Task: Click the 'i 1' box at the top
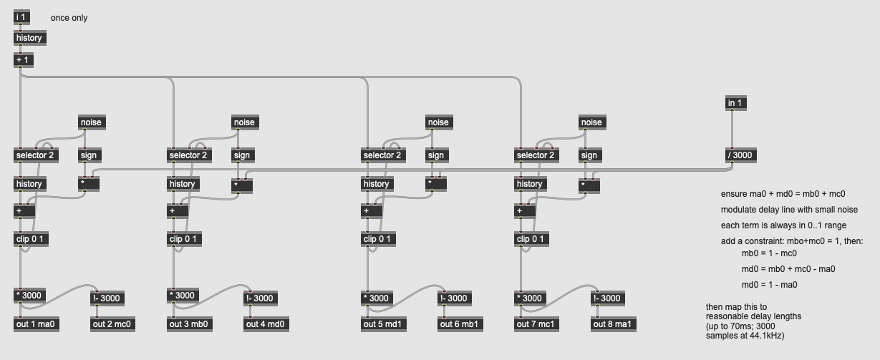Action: [21, 17]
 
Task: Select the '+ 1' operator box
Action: [23, 60]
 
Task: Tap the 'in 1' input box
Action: [735, 104]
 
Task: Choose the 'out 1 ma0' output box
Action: [35, 324]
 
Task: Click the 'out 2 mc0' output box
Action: [112, 324]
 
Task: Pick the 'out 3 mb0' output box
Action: [189, 324]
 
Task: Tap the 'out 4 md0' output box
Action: [266, 324]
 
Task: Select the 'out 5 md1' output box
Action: [383, 324]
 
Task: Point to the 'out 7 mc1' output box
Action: [536, 324]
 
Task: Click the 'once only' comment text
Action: [69, 18]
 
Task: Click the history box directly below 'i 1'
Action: [29, 38]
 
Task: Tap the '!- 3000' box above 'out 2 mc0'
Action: [107, 298]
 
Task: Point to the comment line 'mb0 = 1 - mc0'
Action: [769, 253]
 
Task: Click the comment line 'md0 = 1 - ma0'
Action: [769, 285]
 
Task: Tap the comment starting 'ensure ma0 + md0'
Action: [783, 194]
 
